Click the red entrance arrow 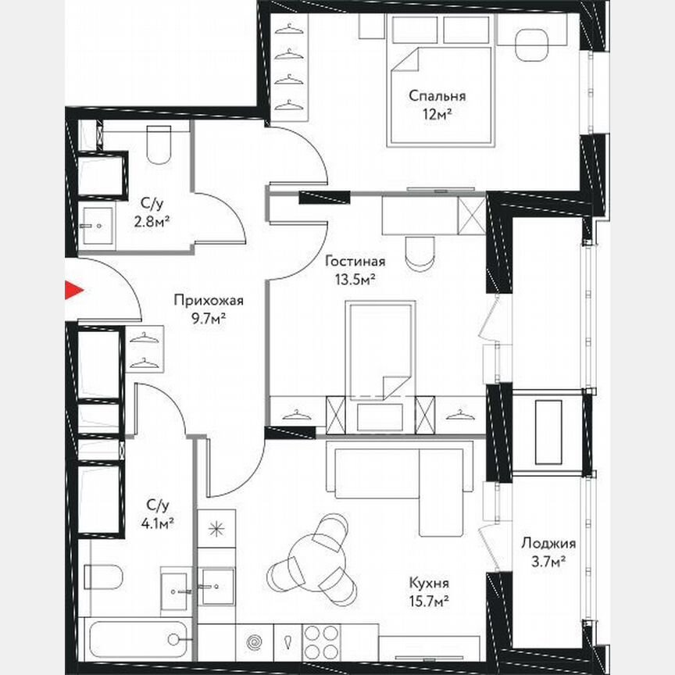coord(73,291)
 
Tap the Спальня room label coord(437,97)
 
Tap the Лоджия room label coord(551,544)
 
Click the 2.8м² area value coord(152,221)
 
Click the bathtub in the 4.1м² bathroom coord(138,639)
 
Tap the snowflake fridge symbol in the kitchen coord(216,529)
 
